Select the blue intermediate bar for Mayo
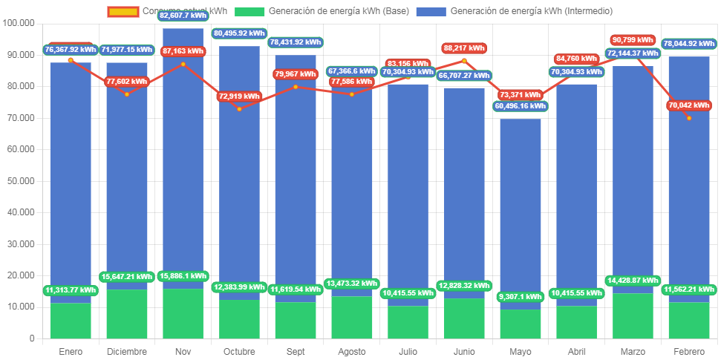pyautogui.click(x=520, y=208)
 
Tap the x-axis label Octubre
pyautogui.click(x=239, y=351)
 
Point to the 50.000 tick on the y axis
pyautogui.click(x=20, y=181)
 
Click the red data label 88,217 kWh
pyautogui.click(x=464, y=48)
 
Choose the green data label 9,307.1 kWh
pyautogui.click(x=520, y=297)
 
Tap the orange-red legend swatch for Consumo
pyautogui.click(x=123, y=11)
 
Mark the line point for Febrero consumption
pyautogui.click(x=688, y=118)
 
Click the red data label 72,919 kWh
pyautogui.click(x=239, y=96)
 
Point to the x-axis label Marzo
pyautogui.click(x=633, y=351)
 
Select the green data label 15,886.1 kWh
pyautogui.click(x=183, y=276)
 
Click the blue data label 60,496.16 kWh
pyautogui.click(x=520, y=106)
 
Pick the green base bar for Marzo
pyautogui.click(x=633, y=315)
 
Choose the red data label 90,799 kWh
pyautogui.click(x=633, y=40)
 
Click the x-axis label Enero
pyautogui.click(x=71, y=351)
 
